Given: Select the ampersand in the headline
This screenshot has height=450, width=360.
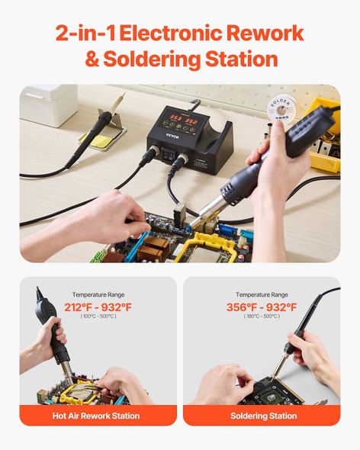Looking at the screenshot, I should click(x=92, y=59).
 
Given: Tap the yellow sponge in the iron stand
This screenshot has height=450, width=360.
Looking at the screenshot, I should click(x=103, y=140).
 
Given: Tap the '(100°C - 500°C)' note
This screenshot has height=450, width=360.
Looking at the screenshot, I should click(x=98, y=317).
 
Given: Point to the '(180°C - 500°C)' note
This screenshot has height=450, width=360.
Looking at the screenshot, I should click(x=262, y=317).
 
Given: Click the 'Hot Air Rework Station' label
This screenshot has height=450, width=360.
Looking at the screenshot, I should click(x=98, y=416).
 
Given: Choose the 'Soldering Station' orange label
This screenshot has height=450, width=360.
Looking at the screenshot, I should click(x=262, y=416).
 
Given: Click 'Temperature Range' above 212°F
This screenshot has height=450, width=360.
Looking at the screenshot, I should click(x=98, y=294).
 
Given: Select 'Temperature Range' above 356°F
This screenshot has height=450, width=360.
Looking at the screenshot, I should click(x=262, y=294).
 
